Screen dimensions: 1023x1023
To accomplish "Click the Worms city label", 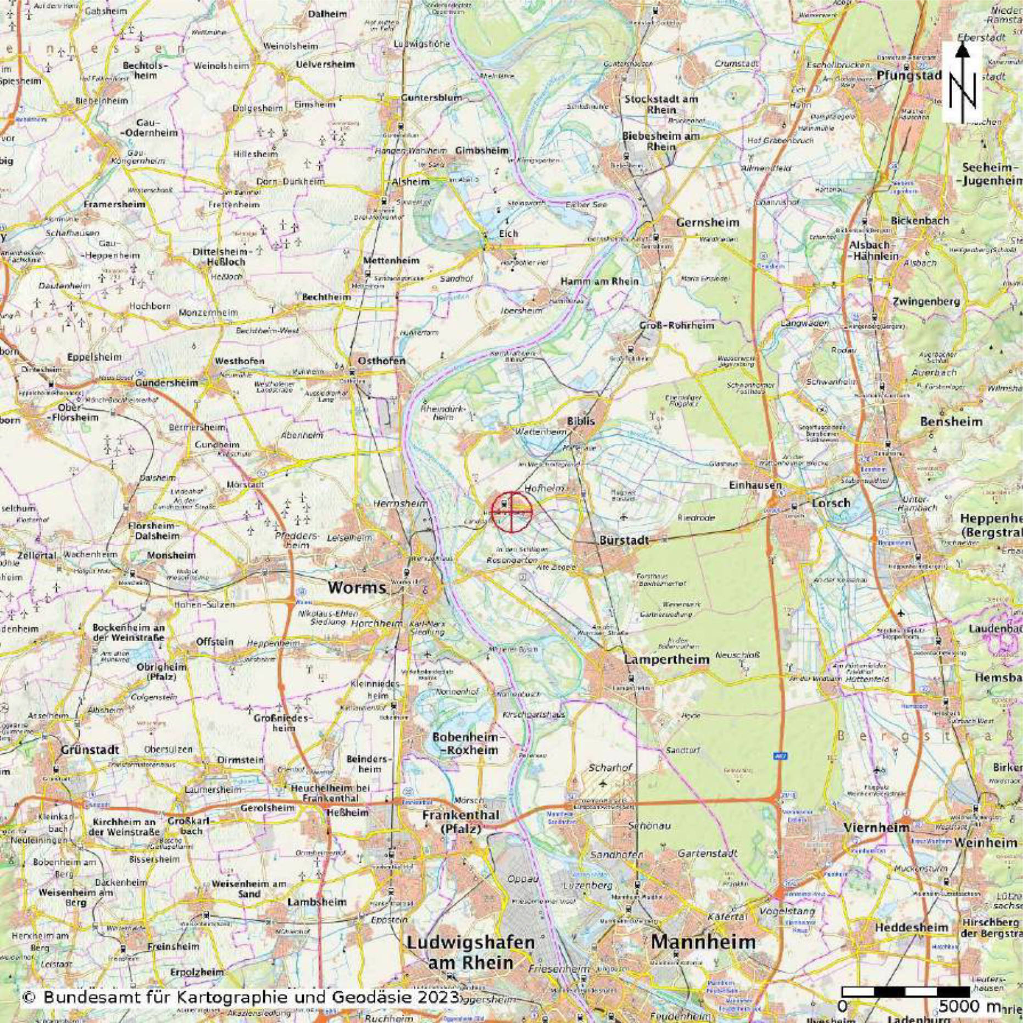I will coord(357,587).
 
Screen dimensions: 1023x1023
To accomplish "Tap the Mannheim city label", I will coord(703,942).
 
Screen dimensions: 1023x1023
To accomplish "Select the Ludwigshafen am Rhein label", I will coord(470,952).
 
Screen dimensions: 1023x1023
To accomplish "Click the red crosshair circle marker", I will coord(511,512).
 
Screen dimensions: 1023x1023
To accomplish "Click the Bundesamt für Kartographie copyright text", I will coord(240,997).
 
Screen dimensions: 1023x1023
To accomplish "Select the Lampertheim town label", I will coord(666,659).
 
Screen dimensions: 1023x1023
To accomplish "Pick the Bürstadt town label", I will coord(624,540).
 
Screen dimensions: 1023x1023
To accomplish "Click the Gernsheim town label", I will coord(708,223).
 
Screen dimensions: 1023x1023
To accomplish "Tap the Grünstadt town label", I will coord(90,749).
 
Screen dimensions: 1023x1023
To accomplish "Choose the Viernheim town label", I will coord(876,827).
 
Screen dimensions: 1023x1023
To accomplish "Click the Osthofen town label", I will coord(381,361).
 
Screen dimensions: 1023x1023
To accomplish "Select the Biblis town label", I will coord(581,421).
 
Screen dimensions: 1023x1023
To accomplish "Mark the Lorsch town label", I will coord(831,503).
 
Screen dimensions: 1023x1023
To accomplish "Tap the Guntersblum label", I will coord(431,97).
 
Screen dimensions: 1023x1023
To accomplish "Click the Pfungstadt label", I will coord(909,75).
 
